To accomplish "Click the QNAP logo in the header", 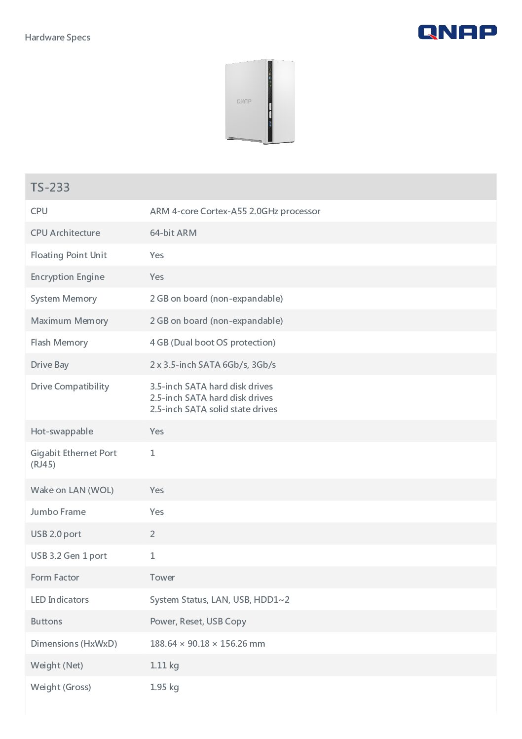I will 457,33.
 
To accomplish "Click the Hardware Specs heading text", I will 57,38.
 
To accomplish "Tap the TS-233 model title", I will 50,188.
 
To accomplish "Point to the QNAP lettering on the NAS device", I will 244,101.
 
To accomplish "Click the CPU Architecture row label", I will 65,233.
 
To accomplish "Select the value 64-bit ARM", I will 173,233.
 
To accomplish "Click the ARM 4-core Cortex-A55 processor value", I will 235,211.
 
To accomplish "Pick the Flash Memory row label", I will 59,343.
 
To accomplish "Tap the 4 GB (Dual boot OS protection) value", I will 213,343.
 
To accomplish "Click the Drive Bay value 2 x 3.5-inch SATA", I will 213,365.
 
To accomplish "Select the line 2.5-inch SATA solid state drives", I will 214,409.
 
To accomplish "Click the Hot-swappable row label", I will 62,431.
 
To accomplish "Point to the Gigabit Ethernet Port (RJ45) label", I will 74,459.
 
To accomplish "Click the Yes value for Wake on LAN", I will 157,490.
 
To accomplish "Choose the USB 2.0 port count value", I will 152,534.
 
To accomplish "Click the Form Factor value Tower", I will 162,578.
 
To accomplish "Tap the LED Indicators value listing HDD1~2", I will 220,600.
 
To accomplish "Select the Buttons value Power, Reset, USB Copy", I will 198,622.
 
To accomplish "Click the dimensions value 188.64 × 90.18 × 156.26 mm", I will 207,644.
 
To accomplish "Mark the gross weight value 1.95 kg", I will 164,687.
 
